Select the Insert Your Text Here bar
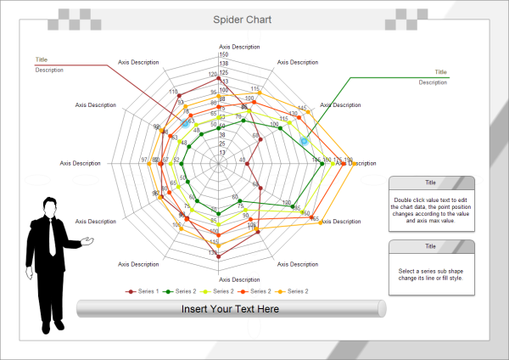click(231, 309)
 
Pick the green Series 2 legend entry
click(182, 291)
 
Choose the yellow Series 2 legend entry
click(220, 291)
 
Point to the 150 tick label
click(223, 55)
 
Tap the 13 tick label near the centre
click(222, 152)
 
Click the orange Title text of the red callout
click(42, 59)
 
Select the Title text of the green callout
click(440, 72)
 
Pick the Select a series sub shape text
click(431, 274)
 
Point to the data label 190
click(348, 160)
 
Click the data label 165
click(315, 219)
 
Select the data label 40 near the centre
click(242, 160)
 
